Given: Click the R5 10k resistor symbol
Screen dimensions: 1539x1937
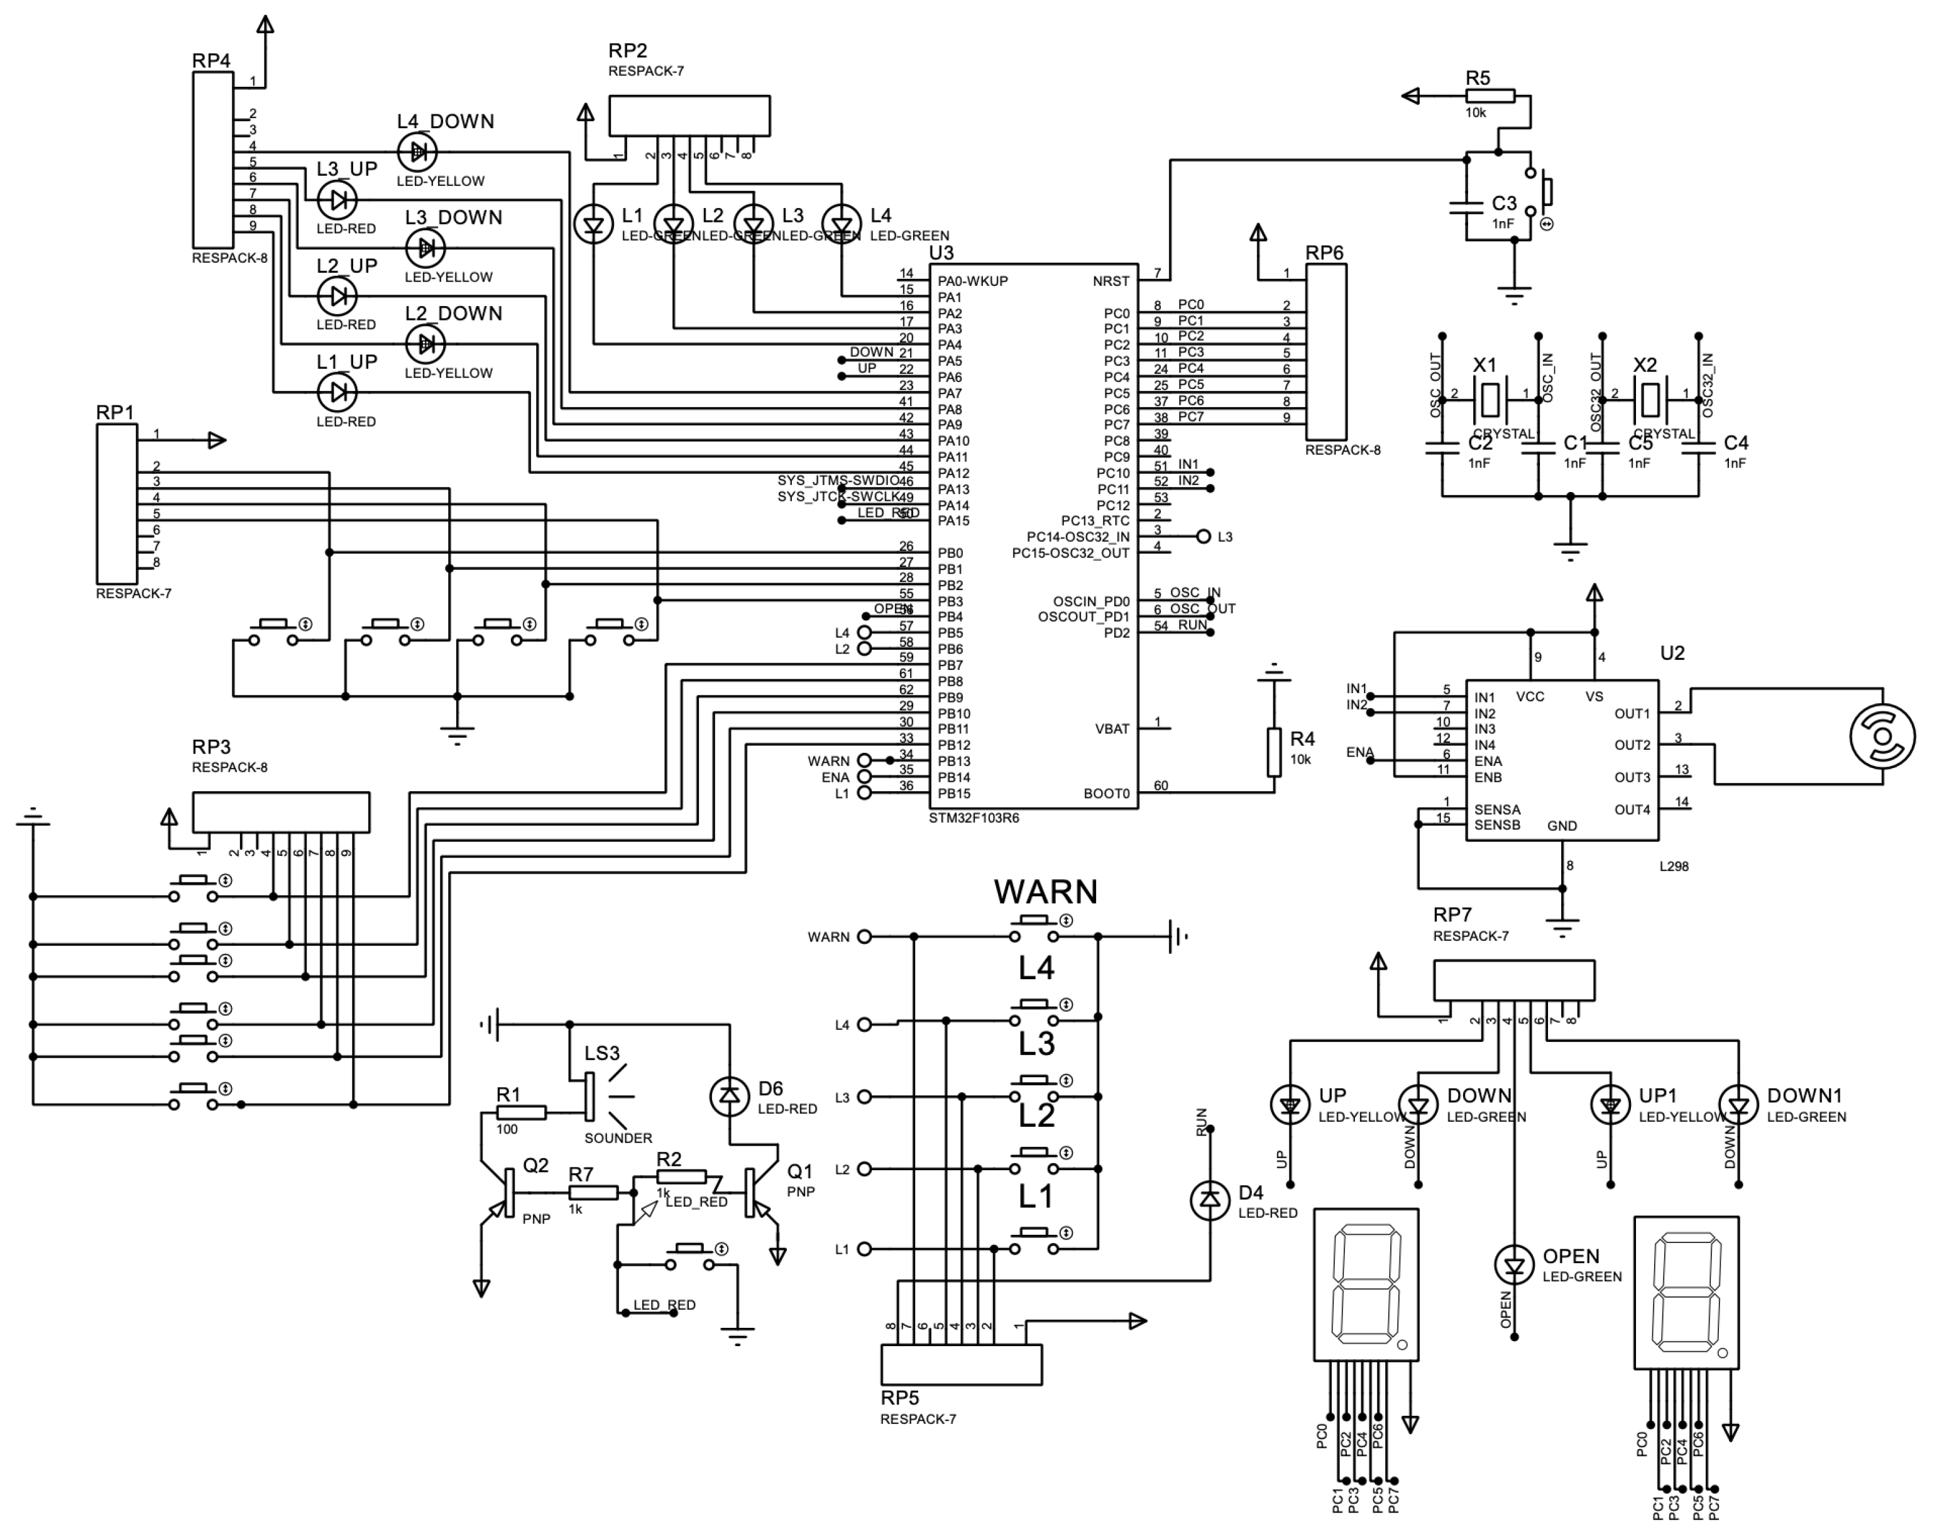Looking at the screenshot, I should (1490, 96).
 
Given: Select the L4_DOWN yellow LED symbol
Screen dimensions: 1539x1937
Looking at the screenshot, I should (417, 153).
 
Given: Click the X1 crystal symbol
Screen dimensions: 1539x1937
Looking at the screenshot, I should (1489, 399).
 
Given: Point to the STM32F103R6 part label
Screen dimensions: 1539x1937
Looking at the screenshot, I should (974, 818).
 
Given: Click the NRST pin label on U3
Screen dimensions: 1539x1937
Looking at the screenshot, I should (1111, 281).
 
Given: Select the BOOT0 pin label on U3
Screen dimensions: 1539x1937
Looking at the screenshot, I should (1106, 793).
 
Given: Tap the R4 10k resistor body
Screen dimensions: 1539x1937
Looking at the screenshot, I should (1273, 753).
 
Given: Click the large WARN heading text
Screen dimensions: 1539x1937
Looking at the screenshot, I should (1046, 892).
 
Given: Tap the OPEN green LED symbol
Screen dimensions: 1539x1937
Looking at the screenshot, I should (1514, 1266).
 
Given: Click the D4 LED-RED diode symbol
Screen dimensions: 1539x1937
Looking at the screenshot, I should (1209, 1200).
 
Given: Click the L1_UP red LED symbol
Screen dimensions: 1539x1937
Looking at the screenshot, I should (337, 392).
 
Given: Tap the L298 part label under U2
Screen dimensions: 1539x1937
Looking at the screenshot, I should (1674, 867).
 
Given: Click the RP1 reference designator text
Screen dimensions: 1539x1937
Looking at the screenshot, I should (115, 412).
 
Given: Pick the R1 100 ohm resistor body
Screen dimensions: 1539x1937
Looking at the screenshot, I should (520, 1113).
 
